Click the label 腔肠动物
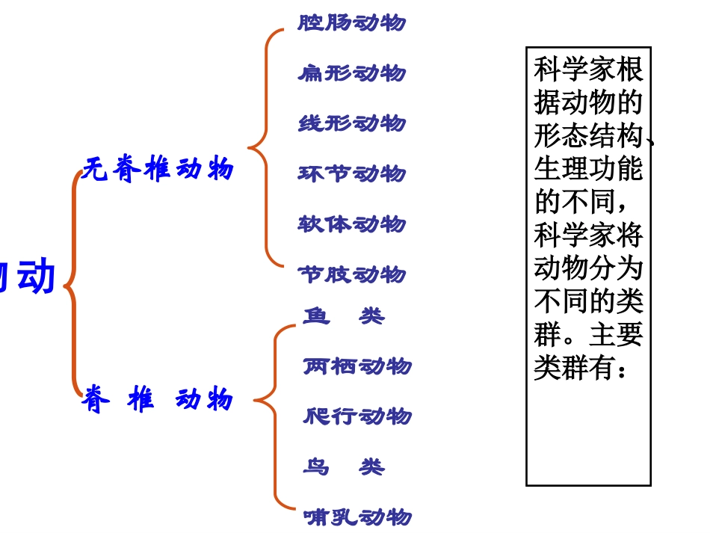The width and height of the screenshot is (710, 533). point(351,22)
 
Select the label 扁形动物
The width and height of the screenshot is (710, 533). point(351,73)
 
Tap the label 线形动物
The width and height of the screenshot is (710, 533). point(351,123)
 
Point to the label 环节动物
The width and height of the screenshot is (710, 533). point(351,173)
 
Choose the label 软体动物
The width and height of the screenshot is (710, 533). point(351,224)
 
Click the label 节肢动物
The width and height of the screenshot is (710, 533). point(351,274)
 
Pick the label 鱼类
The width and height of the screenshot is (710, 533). point(344,316)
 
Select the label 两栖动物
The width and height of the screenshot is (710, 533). point(357,366)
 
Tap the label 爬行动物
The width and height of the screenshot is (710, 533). point(357,416)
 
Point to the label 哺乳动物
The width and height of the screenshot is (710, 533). point(357,517)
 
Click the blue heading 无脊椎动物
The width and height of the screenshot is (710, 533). point(158,169)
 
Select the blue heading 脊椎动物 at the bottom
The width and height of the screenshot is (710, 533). point(158,399)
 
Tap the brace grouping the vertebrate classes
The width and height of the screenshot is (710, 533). point(274,416)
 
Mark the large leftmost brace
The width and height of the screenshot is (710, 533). point(73,284)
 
